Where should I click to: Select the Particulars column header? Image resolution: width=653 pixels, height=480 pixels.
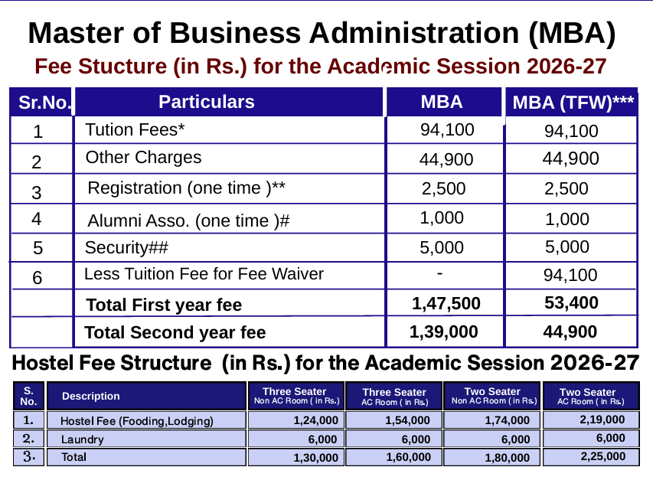click(x=207, y=102)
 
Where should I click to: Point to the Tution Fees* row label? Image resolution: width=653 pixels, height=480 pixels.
click(x=135, y=129)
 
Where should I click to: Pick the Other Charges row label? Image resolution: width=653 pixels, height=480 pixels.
click(x=143, y=158)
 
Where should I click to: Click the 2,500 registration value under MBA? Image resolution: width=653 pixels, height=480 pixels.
click(x=442, y=188)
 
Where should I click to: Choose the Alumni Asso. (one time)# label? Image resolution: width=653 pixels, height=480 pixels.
click(x=188, y=221)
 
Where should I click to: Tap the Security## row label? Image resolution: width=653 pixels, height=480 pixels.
click(x=126, y=247)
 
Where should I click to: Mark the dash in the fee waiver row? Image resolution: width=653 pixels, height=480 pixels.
click(x=439, y=273)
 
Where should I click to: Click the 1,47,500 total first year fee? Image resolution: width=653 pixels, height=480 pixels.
click(x=446, y=304)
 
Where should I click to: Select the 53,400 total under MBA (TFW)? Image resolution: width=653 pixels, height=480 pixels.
click(x=571, y=303)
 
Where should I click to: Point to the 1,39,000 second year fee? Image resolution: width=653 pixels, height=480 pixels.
click(x=444, y=332)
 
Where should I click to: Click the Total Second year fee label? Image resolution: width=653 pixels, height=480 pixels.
click(x=175, y=333)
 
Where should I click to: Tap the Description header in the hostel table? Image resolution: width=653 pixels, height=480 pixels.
click(x=91, y=396)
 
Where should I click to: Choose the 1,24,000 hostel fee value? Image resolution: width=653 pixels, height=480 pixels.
click(x=315, y=420)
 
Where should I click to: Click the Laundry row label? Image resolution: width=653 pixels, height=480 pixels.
click(x=82, y=439)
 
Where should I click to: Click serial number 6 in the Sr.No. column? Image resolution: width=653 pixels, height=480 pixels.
click(x=38, y=276)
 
